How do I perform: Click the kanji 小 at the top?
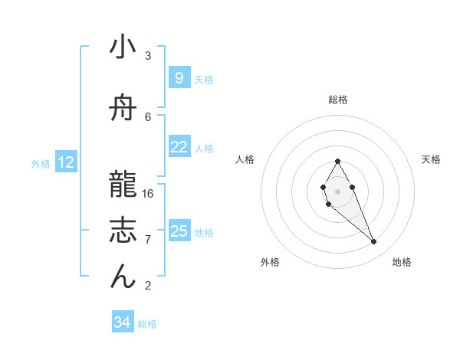[123, 47]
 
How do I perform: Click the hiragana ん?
[123, 277]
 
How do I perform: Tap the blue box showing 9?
[179, 78]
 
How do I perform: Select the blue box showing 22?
[179, 147]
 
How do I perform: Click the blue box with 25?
[179, 231]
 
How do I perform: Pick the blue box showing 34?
[122, 323]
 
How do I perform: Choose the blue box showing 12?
[65, 162]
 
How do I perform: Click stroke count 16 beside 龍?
[148, 193]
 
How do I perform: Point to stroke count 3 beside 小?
[148, 55]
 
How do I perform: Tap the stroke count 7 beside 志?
[148, 239]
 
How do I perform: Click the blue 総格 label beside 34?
[147, 324]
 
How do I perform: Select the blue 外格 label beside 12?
[41, 163]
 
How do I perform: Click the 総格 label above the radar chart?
[337, 100]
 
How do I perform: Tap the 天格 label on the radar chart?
[431, 159]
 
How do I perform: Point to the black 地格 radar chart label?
[402, 262]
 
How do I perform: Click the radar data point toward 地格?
[373, 242]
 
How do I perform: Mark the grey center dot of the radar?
[337, 190]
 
